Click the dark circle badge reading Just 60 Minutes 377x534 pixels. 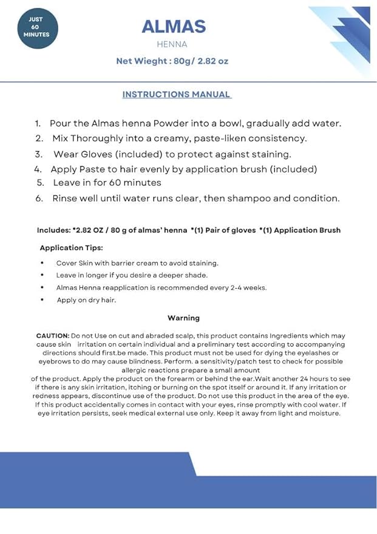36,27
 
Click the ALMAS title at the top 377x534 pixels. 174,26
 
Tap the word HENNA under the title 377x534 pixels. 172,44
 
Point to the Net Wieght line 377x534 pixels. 172,61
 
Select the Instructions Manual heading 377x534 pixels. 176,94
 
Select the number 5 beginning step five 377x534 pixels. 40,182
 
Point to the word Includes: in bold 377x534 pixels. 53,230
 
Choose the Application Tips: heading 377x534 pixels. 71,248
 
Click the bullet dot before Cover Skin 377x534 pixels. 42,263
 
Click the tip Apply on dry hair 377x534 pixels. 86,300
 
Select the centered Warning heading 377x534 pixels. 183,318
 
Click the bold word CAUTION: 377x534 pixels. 53,335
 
